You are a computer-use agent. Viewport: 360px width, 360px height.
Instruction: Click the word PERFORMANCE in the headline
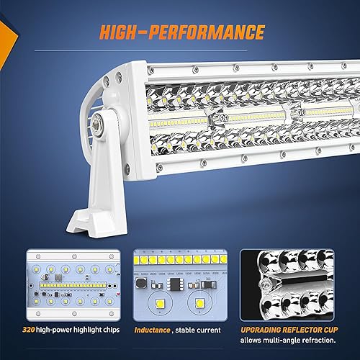pos(209,32)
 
